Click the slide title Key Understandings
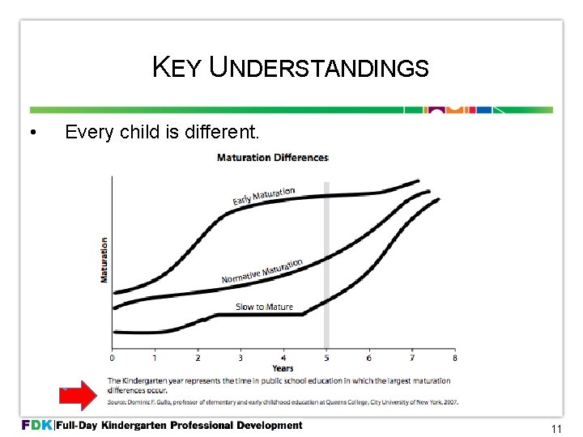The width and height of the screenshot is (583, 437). pos(290,68)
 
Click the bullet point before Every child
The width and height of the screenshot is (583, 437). pos(30,132)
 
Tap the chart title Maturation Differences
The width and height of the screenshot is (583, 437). pos(272,157)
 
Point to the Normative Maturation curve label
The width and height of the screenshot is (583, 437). pos(262,272)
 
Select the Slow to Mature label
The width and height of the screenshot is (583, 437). pos(264,307)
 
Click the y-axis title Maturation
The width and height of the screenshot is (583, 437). pos(104,259)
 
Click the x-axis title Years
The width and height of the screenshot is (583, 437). pos(283,368)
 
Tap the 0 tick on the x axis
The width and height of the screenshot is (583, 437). pos(113,358)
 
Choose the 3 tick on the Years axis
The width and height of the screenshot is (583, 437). pos(240,358)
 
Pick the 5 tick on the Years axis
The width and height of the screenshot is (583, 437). pos(326,358)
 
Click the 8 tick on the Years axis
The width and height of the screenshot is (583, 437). pos(454,358)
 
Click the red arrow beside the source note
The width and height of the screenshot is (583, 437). pos(78,397)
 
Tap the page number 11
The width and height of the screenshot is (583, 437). pos(555,429)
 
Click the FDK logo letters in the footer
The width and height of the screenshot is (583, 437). pos(36,426)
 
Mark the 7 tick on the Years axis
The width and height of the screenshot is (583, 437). pos(411,358)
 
